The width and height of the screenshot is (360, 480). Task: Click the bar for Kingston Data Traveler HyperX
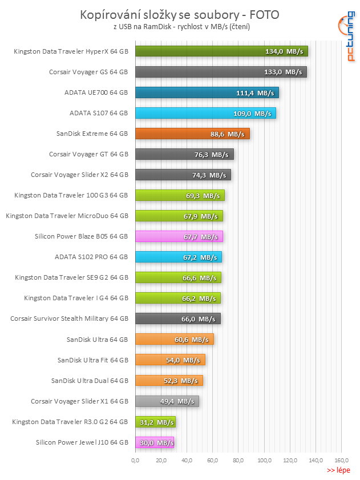221,51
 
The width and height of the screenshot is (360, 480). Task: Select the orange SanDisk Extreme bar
192,134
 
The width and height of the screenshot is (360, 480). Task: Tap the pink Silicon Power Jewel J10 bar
154,442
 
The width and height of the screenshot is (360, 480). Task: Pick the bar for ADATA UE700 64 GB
207,92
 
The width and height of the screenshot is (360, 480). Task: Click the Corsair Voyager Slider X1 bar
167,401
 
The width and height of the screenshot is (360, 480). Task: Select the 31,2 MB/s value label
156,422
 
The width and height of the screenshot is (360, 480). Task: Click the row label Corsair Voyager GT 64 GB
88,154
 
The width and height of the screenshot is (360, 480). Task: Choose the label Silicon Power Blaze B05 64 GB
82,236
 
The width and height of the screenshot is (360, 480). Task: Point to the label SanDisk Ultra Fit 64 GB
92,360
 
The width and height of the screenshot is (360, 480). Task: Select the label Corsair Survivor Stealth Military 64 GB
69,318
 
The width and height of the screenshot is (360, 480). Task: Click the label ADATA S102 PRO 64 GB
91,257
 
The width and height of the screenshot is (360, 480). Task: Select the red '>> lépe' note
338,470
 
